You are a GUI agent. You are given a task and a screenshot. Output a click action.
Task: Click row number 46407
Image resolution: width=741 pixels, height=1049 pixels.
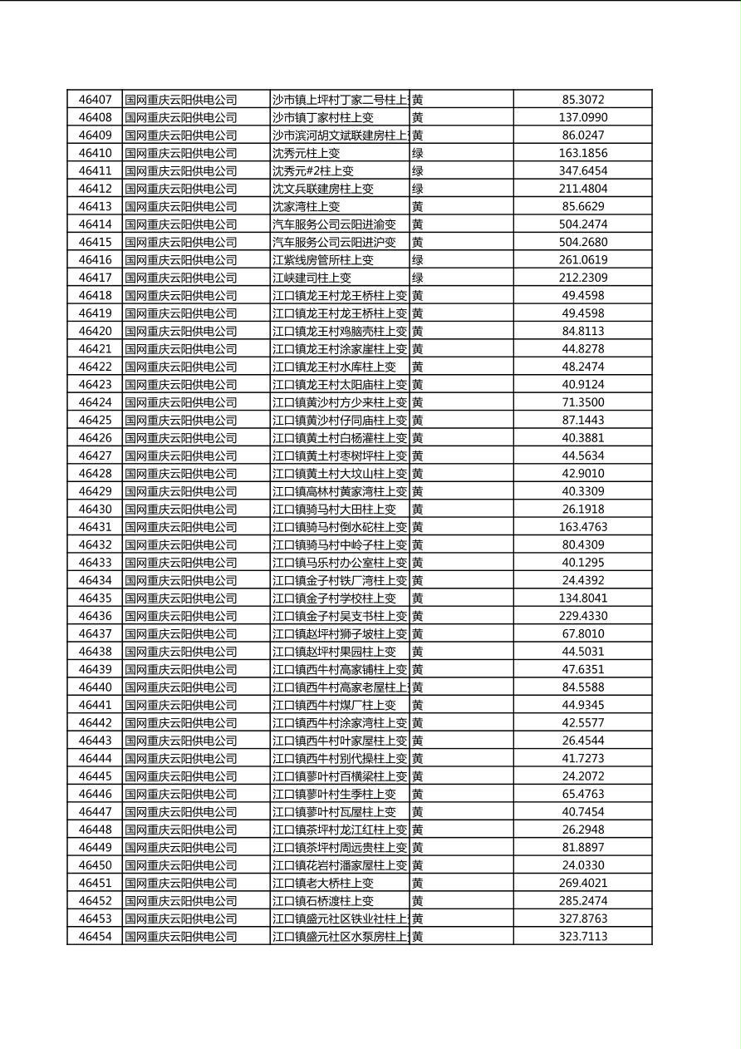coord(95,100)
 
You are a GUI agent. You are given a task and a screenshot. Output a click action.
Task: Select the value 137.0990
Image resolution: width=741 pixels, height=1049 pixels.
coord(583,117)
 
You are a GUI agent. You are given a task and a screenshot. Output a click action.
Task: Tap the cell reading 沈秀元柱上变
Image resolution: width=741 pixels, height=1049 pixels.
coord(307,153)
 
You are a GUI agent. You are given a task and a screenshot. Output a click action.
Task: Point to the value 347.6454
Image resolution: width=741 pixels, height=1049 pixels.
coord(583,170)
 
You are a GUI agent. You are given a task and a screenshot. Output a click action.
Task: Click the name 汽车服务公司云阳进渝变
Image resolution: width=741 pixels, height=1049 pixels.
coord(334,224)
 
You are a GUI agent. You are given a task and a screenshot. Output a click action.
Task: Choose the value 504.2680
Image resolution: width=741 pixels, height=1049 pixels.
coord(583,242)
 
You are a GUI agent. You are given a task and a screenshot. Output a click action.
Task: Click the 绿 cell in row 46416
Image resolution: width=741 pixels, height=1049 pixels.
coord(418,259)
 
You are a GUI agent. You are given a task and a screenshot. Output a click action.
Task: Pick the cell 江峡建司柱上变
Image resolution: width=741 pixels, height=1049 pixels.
coord(312,278)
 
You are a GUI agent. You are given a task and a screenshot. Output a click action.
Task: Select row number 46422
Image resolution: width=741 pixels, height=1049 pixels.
coord(95,367)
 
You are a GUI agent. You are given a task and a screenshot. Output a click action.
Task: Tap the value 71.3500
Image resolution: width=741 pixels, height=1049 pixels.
coord(583,402)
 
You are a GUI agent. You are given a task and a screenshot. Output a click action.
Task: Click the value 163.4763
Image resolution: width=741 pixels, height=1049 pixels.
coord(583,527)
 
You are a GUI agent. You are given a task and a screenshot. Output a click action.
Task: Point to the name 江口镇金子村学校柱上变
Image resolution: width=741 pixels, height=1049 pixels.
coord(334,598)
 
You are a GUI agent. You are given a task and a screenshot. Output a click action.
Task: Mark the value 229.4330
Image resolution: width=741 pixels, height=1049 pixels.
coord(583,616)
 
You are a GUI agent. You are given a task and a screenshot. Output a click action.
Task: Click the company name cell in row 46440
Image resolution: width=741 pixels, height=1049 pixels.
coord(181,687)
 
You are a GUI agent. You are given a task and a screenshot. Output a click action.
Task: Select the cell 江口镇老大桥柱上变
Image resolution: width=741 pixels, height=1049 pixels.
coord(323,883)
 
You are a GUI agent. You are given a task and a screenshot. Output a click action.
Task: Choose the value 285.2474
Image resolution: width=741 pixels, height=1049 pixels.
coord(583,901)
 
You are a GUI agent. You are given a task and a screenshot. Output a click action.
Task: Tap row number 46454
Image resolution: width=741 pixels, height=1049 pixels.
coord(95,937)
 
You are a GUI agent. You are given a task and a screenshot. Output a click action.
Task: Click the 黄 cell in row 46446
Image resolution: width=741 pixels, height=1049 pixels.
coord(418,794)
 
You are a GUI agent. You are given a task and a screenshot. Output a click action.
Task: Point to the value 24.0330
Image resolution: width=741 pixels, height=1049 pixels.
coord(583,865)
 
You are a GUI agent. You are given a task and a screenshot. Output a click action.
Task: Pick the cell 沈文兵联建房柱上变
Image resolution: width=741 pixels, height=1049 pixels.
coord(323,189)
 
